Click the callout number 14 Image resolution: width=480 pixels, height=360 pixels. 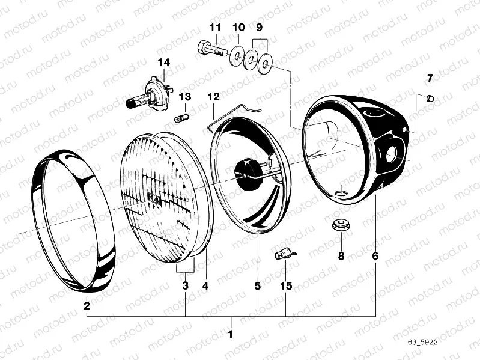click(x=164, y=63)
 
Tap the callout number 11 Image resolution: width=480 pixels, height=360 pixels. click(x=215, y=28)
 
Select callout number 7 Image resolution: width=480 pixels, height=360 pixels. click(x=430, y=78)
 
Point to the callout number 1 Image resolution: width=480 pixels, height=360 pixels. click(x=231, y=332)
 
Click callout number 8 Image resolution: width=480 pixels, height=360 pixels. click(x=341, y=256)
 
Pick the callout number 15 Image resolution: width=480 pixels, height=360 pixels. click(x=285, y=286)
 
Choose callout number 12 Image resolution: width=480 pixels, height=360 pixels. click(x=213, y=96)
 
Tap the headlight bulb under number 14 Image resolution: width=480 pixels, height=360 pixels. click(x=148, y=95)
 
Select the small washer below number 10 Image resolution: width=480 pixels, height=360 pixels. click(x=238, y=56)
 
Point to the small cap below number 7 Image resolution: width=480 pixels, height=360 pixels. click(x=430, y=97)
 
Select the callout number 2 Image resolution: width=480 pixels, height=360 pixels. click(x=87, y=306)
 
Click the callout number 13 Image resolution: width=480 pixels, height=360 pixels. click(x=184, y=97)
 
